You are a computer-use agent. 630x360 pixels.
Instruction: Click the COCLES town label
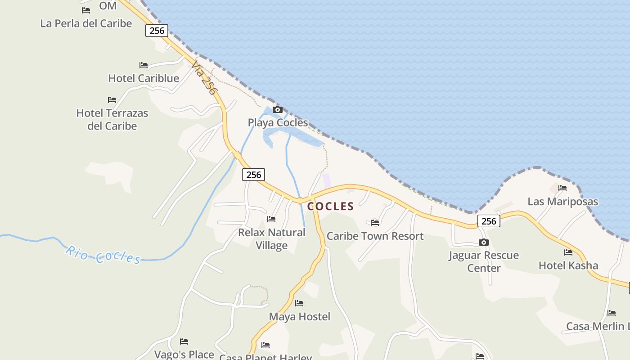(331, 207)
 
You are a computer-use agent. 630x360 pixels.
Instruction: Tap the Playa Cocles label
(278, 122)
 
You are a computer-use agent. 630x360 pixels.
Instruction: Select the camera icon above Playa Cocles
(278, 110)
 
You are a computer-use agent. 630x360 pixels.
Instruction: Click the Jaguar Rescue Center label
(484, 261)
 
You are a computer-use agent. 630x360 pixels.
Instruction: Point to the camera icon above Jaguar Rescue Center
(484, 243)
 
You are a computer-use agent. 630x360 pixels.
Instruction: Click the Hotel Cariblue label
(144, 78)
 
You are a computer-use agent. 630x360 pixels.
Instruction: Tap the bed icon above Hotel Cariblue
(144, 66)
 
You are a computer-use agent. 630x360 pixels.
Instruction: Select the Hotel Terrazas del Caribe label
(112, 119)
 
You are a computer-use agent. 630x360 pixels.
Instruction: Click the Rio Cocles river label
(103, 254)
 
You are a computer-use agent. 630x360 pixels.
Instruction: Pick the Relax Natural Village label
(271, 239)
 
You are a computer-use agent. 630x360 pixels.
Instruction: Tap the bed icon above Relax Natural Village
(271, 219)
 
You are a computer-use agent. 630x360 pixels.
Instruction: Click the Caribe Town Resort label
(375, 236)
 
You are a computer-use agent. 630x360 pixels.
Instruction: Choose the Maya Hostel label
(299, 317)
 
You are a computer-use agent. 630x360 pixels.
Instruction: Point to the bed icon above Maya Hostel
(299, 303)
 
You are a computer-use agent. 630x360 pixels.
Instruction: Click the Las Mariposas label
(562, 202)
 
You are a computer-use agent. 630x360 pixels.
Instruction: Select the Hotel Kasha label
(568, 265)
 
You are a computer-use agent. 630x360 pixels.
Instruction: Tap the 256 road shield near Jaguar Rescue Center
(489, 221)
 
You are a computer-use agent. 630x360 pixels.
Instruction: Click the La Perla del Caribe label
(86, 23)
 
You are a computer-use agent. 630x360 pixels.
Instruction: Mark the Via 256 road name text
(204, 78)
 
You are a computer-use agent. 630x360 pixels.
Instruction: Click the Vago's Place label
(184, 355)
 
